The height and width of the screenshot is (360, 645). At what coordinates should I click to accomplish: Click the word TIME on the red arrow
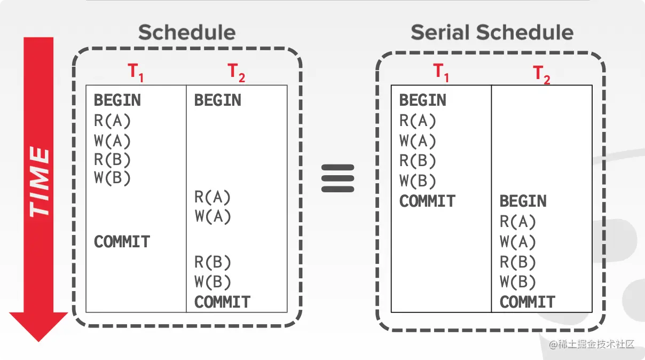[x=39, y=182]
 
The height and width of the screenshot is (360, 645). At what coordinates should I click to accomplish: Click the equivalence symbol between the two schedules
[x=338, y=178]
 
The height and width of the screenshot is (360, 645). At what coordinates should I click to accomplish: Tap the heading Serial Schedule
[x=492, y=33]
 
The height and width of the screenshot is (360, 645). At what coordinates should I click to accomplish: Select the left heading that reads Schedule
[x=187, y=33]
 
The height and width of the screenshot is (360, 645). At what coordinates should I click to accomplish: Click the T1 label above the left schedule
[x=136, y=73]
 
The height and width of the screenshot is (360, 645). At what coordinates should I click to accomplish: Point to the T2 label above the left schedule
[x=237, y=73]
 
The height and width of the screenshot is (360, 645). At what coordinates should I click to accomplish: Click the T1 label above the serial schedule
[x=441, y=73]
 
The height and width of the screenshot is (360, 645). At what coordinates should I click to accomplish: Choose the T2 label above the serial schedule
[x=542, y=74]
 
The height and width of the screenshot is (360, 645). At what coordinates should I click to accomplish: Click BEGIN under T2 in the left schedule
[x=217, y=100]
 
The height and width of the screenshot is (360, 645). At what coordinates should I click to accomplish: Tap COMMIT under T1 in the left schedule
[x=122, y=242]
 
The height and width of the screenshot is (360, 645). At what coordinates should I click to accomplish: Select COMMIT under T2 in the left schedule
[x=222, y=302]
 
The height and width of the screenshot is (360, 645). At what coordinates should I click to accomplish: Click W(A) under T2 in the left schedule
[x=213, y=217]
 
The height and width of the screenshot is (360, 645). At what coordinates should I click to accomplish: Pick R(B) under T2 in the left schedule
[x=213, y=262]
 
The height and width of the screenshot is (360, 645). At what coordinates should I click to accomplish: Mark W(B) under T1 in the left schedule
[x=112, y=178]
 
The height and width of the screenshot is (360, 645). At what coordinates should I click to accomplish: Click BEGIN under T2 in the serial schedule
[x=523, y=201]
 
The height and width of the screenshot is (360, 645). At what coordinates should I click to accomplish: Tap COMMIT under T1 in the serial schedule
[x=427, y=201]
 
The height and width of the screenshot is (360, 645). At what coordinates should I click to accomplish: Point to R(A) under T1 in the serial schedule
[x=418, y=121]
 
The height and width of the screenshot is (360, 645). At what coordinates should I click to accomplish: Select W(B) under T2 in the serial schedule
[x=518, y=282]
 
